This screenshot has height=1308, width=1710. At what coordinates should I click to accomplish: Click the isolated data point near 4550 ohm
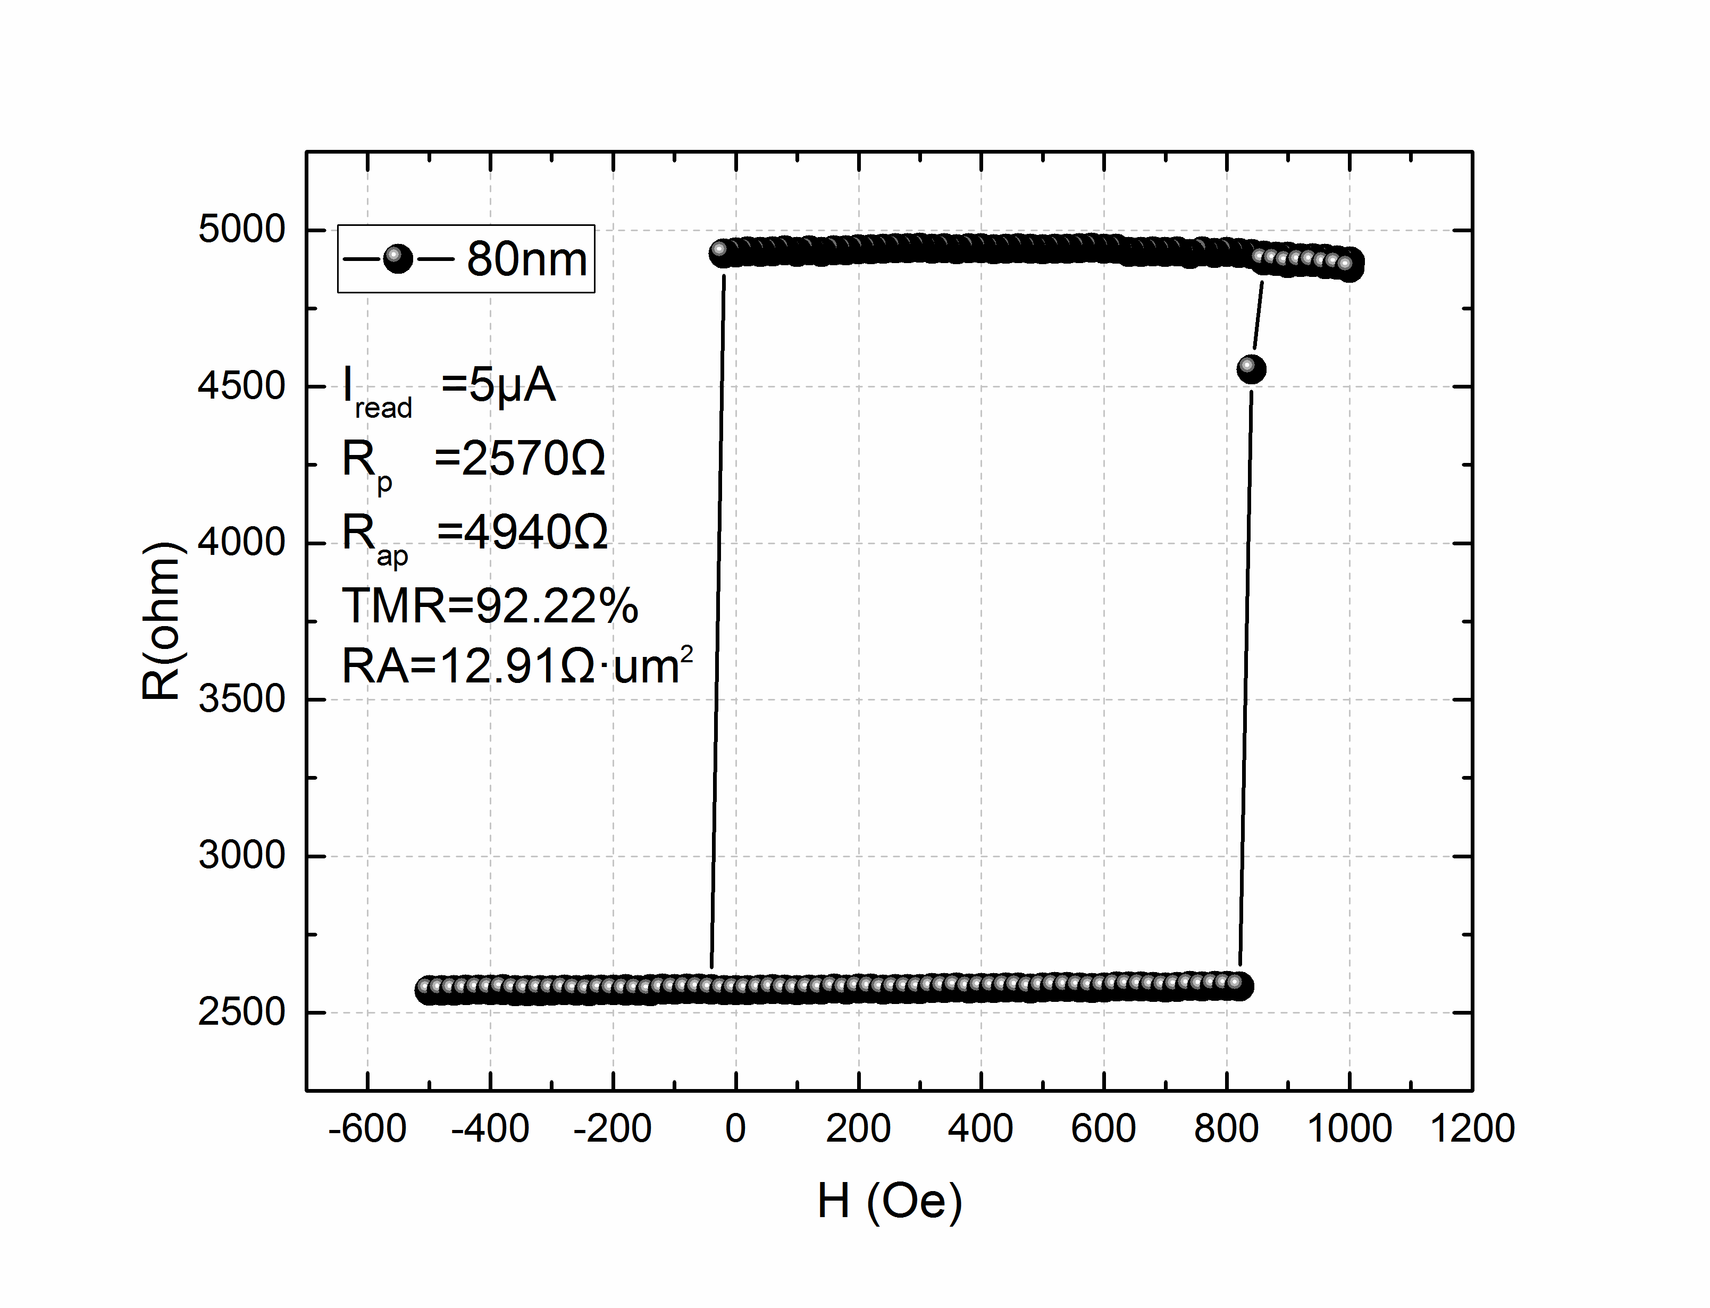(x=1251, y=368)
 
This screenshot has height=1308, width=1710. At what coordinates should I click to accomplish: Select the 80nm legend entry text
(x=526, y=259)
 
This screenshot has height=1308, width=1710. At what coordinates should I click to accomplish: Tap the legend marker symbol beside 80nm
(x=398, y=258)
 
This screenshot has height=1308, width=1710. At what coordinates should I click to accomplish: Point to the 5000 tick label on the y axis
(x=241, y=230)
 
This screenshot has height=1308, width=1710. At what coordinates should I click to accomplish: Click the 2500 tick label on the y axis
(x=241, y=1012)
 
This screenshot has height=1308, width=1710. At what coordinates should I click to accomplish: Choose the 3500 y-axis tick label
(x=241, y=699)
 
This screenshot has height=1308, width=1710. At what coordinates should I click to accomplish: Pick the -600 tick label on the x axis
(x=367, y=1128)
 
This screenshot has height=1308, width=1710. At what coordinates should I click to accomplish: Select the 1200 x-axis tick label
(x=1472, y=1128)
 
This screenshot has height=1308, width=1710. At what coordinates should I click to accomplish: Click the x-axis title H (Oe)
(x=889, y=1201)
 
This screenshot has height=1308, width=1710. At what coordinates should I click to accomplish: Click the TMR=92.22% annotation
(x=490, y=606)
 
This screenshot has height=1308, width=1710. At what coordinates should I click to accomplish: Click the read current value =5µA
(x=498, y=385)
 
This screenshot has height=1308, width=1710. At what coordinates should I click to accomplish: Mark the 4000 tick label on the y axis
(x=241, y=543)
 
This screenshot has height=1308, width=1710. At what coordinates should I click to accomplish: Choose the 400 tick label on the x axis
(x=980, y=1128)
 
